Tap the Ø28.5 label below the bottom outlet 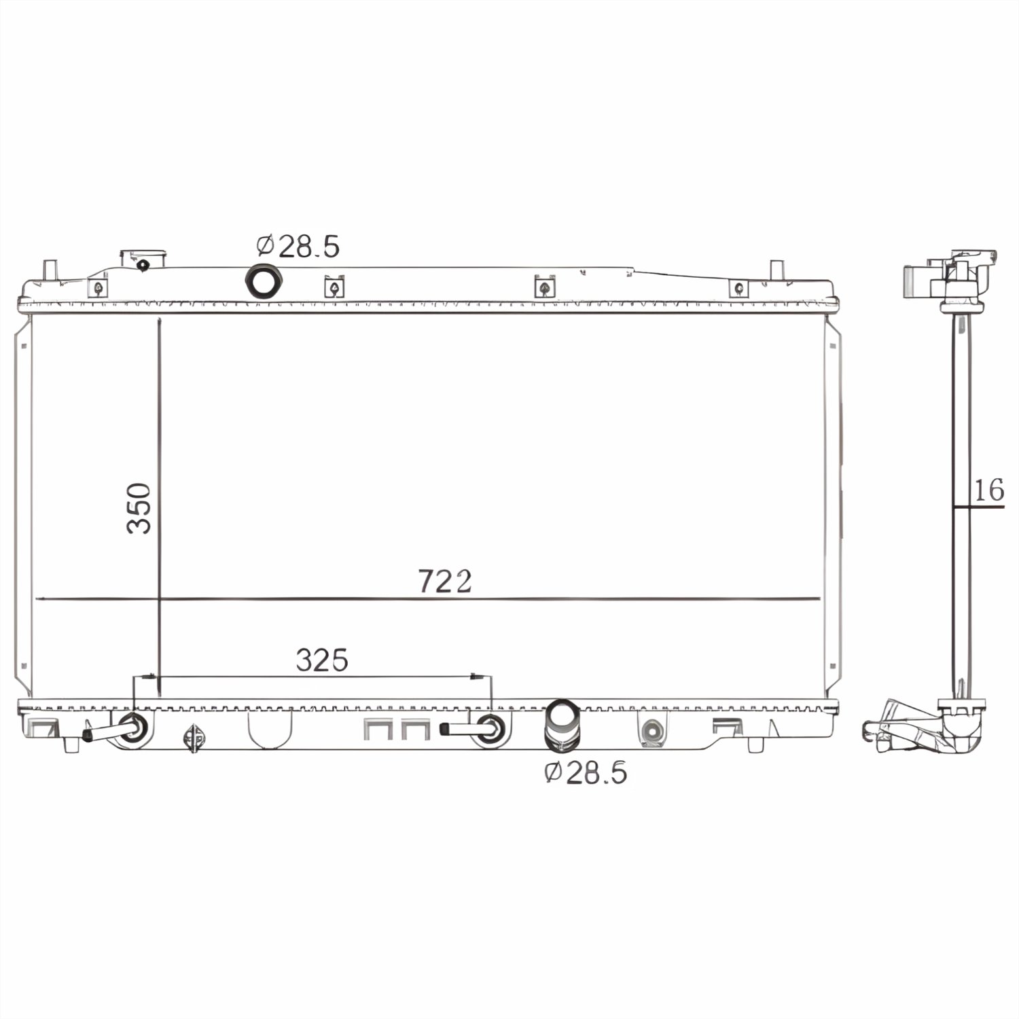pyautogui.click(x=586, y=772)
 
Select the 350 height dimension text pyautogui.click(x=139, y=507)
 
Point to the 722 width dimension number pyautogui.click(x=444, y=582)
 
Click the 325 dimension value pyautogui.click(x=322, y=660)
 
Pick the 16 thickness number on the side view pyautogui.click(x=988, y=489)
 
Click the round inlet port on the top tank pyautogui.click(x=262, y=281)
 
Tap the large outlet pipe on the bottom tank pyautogui.click(x=562, y=726)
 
